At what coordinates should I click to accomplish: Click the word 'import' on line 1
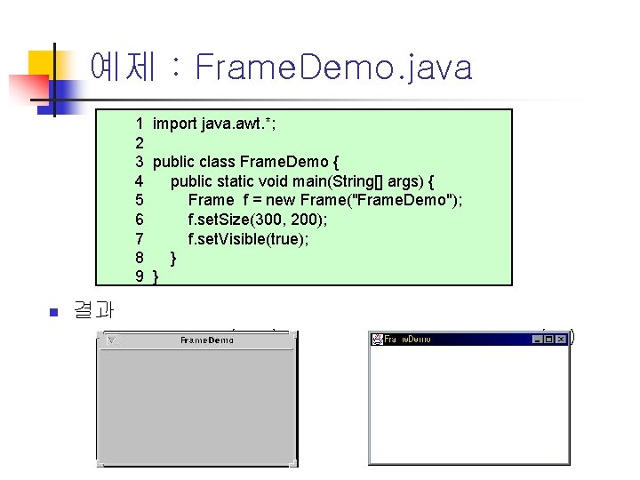174,124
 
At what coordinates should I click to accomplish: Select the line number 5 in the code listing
140,200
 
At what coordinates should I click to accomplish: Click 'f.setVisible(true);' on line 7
248,239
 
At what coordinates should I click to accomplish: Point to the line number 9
140,277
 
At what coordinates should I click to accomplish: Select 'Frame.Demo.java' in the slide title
332,67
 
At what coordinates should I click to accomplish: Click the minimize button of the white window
538,340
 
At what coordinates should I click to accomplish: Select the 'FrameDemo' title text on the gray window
206,340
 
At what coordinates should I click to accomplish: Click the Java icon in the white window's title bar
377,340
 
